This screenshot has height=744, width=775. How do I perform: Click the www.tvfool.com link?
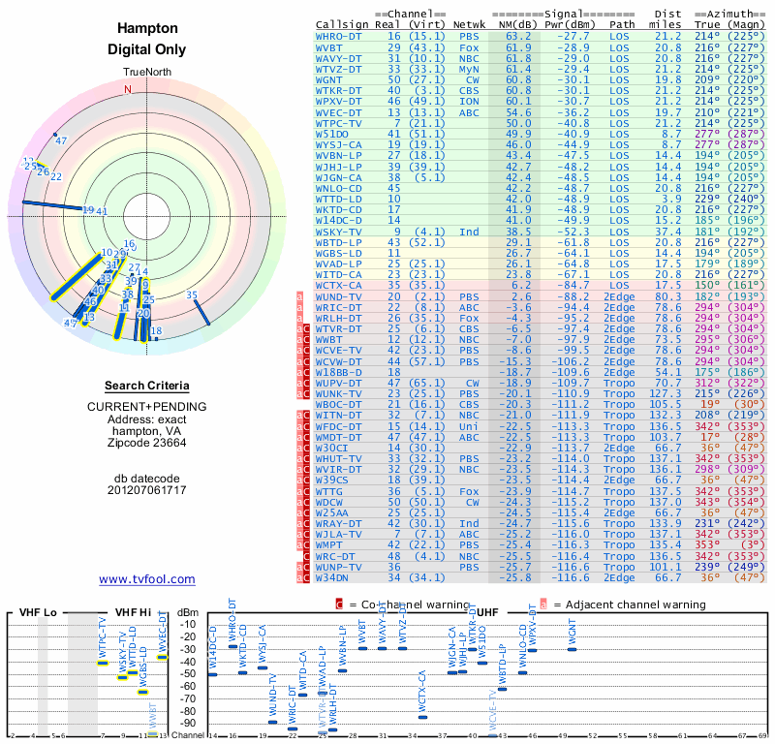147,579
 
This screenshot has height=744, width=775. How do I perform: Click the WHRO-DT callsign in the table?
341,36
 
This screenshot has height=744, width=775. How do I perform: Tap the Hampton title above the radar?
146,29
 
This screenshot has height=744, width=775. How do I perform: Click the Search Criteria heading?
146,386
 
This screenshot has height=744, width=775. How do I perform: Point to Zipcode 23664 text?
146,443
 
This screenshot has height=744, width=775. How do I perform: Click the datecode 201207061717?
146,490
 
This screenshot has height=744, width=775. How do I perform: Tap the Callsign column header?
343,24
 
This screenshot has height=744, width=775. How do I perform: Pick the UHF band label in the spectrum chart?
487,612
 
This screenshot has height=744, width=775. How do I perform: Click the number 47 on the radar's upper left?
61,140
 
